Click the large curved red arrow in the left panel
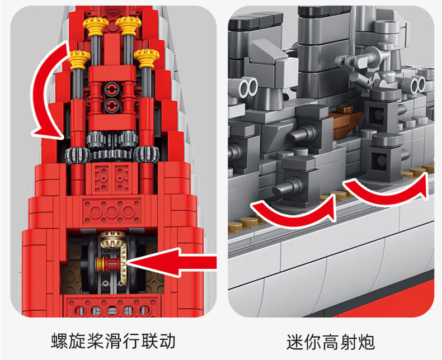point(45,89)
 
